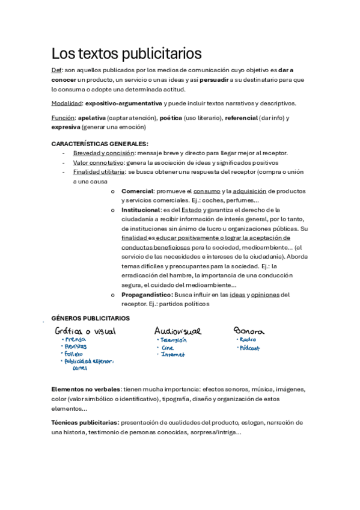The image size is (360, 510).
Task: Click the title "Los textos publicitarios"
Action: point(126,54)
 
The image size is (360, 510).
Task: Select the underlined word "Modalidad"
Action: point(66,103)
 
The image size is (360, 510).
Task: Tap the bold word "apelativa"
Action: point(92,118)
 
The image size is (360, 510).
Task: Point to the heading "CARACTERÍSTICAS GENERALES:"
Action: point(100,144)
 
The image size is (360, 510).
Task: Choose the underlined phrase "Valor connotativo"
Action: point(99,162)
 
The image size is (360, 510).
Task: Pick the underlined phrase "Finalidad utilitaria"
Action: point(99,172)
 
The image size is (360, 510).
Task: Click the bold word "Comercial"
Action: point(138,191)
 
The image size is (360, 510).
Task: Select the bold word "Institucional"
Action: point(141,210)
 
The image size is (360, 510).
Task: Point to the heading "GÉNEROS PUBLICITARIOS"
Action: point(90,318)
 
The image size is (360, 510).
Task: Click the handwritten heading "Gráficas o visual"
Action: point(85,331)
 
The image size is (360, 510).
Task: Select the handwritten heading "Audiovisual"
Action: point(178,331)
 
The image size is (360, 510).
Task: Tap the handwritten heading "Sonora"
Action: point(249,331)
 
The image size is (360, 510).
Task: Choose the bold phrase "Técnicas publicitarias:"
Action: point(85,423)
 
